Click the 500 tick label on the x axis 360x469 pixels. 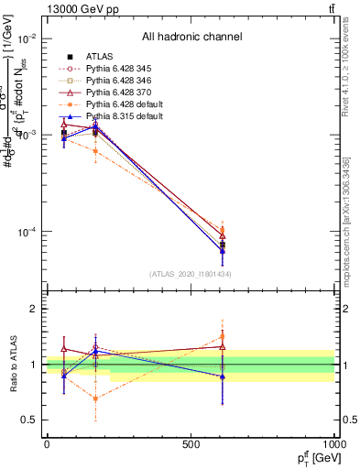[x=191, y=443]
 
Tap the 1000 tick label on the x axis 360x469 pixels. [x=333, y=443]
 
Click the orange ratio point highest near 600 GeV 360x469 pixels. [x=223, y=336]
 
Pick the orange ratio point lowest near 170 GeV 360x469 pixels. [x=96, y=398]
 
